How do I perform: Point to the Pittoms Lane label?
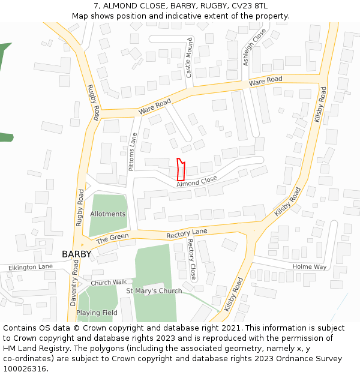(x=133, y=152)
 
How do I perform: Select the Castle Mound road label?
(x=189, y=58)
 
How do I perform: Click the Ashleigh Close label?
(x=254, y=47)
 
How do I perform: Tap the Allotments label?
(x=108, y=214)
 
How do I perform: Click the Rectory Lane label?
(x=187, y=232)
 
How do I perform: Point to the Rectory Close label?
(x=192, y=260)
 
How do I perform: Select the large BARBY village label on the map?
(x=77, y=254)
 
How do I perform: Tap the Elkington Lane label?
(x=31, y=267)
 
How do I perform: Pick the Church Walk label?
(x=109, y=282)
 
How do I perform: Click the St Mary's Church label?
(x=154, y=291)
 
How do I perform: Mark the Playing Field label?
(x=97, y=313)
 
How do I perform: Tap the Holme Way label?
(x=310, y=266)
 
